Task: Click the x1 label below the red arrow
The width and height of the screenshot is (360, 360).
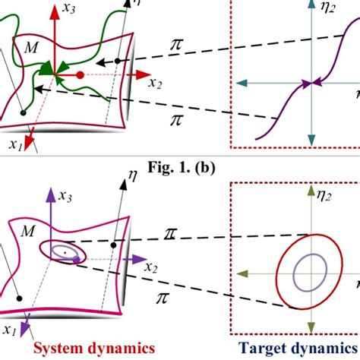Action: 14,144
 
